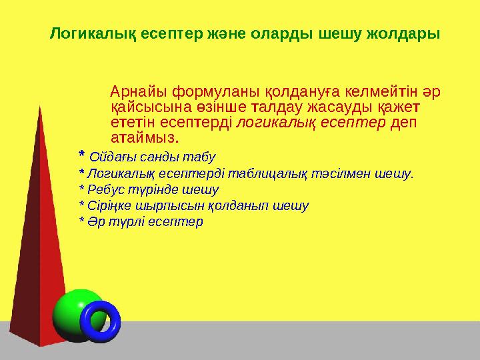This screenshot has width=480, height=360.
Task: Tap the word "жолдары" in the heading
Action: click(407, 33)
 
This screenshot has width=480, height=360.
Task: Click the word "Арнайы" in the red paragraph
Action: click(139, 91)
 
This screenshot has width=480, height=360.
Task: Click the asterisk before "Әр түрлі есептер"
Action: click(82, 221)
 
